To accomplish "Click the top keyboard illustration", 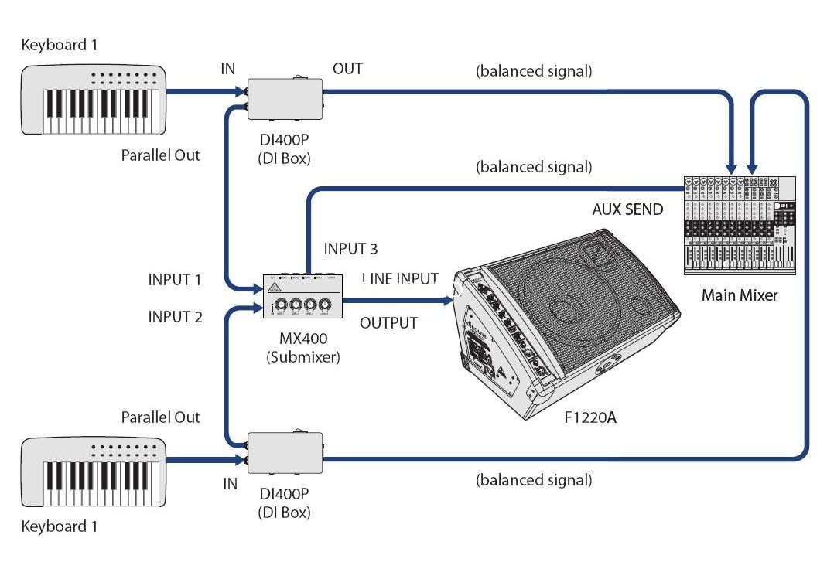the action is (94, 100).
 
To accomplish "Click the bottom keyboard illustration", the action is (94, 472).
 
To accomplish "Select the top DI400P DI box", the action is (285, 98).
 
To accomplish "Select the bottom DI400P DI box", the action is (285, 452).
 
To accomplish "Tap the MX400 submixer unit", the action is (302, 296).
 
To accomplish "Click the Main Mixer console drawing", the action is (740, 226).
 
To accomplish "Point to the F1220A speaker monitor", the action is (567, 324).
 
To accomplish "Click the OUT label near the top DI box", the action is (347, 69).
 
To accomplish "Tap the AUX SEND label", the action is (627, 209).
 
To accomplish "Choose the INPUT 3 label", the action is (350, 249).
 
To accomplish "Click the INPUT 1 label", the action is (175, 280).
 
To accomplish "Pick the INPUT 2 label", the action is (175, 317).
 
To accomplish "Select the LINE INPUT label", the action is (400, 278).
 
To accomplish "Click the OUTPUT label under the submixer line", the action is (388, 323).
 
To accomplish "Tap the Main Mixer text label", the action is (740, 295).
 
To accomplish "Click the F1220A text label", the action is (590, 417).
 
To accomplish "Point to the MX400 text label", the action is (303, 339).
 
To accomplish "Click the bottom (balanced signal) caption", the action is (534, 480).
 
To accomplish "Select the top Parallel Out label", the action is (160, 155).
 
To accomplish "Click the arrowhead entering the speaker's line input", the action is (448, 300).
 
